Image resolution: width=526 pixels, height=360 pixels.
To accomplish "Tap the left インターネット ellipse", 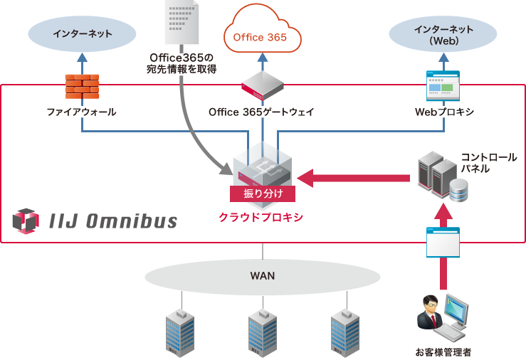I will (82, 33).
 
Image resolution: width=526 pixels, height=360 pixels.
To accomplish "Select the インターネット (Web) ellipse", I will (442, 35).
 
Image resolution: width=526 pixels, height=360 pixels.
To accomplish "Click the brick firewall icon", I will (82, 85).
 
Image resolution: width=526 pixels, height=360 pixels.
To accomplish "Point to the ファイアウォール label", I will (81, 112).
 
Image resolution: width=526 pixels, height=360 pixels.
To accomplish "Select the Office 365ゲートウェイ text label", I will (261, 112).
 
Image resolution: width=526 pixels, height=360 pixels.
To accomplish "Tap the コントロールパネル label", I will (483, 163).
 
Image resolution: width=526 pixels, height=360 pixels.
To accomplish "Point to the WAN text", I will (262, 275).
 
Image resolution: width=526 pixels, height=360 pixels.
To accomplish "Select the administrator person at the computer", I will (442, 318).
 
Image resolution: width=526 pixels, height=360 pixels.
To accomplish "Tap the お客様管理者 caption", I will (443, 351).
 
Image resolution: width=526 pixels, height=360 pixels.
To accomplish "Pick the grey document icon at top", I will (182, 21).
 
